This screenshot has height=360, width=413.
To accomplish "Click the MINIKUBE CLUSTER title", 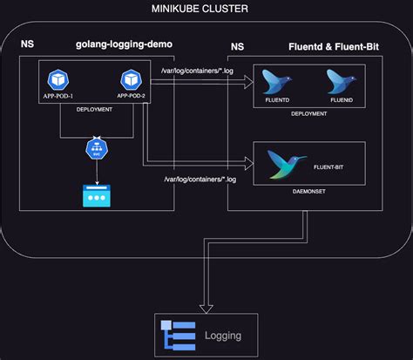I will tap(200, 10).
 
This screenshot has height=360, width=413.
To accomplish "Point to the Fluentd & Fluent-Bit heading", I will tap(338, 44).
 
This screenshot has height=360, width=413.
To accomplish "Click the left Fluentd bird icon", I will tap(277, 82).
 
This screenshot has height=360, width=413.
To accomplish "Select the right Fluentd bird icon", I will tap(341, 82).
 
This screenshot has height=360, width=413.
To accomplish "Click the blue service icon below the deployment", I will tap(96, 148).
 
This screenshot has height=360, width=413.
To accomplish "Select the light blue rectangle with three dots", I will tap(96, 195).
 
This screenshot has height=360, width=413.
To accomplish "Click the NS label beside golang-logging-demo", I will tap(28, 43).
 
